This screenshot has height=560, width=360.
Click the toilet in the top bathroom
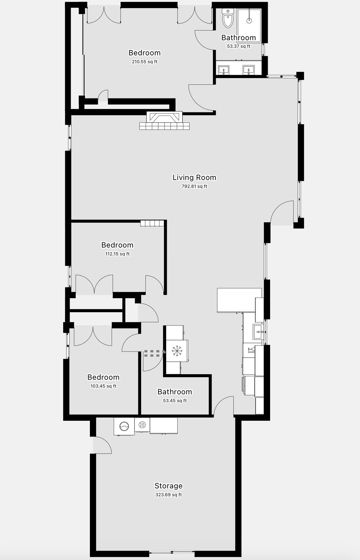tap(228, 18)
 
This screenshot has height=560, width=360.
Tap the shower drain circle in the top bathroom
tap(249, 21)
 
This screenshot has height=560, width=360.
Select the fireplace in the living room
tap(164, 121)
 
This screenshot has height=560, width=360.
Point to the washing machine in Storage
tap(124, 426)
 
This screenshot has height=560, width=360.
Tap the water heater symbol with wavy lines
tap(142, 425)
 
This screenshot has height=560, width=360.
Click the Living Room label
tap(194, 177)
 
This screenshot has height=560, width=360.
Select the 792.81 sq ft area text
tap(194, 186)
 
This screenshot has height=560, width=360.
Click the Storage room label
tap(169, 486)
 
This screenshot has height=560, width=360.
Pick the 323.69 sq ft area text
tap(169, 495)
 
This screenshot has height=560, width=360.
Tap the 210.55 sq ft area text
tap(145, 62)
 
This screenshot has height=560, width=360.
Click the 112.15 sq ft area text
tap(117, 254)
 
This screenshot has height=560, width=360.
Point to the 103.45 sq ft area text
tap(103, 386)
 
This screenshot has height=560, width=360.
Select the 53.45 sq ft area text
tap(175, 401)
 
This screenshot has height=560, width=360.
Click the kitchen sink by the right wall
tap(258, 332)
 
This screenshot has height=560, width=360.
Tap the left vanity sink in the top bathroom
tap(224, 70)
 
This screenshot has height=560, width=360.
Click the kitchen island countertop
tap(239, 300)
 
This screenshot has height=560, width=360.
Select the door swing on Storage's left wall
tap(102, 445)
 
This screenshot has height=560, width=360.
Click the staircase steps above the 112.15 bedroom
tap(152, 223)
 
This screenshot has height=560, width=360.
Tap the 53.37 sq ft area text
tap(239, 46)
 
